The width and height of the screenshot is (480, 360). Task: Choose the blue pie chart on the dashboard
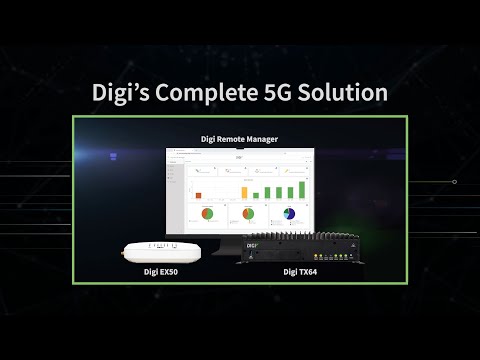[x=289, y=214]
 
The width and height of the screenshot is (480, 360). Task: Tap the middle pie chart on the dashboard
[x=246, y=214]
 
